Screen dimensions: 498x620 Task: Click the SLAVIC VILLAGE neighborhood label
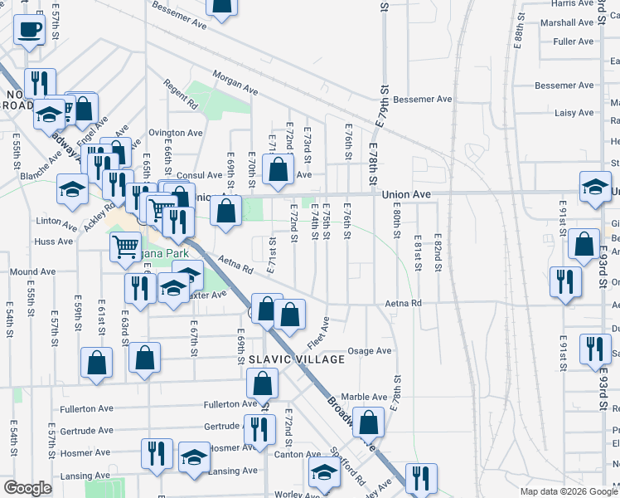pyautogui.click(x=297, y=359)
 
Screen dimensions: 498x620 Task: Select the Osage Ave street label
pyautogui.click(x=369, y=351)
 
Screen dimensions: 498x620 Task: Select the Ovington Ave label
pyautogui.click(x=176, y=132)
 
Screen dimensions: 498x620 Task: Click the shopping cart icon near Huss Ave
pyautogui.click(x=125, y=245)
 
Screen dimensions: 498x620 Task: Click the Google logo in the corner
pyautogui.click(x=27, y=488)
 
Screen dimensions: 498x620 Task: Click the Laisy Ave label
pyautogui.click(x=575, y=113)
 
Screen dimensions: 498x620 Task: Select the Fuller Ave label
pyautogui.click(x=574, y=41)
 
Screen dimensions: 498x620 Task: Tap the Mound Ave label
pyautogui.click(x=32, y=271)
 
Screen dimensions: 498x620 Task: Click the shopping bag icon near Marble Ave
pyautogui.click(x=368, y=422)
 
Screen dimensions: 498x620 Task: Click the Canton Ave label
pyautogui.click(x=302, y=454)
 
